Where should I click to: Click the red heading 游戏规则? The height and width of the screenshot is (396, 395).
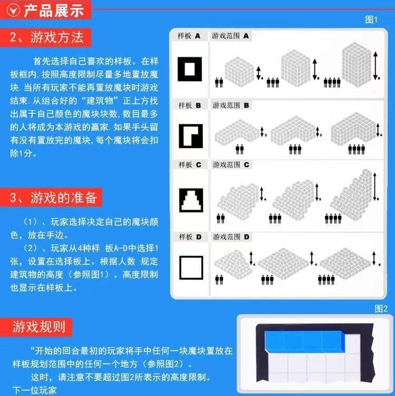click(39, 326)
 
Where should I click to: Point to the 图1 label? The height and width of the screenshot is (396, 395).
click(371, 19)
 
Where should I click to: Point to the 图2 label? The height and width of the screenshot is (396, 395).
click(381, 309)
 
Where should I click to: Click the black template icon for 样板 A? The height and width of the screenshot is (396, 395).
click(190, 68)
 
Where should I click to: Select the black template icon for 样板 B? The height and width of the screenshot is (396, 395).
click(190, 135)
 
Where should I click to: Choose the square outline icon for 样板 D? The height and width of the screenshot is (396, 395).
click(190, 266)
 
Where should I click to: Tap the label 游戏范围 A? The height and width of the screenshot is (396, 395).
click(230, 36)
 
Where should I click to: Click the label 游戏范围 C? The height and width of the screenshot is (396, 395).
click(230, 165)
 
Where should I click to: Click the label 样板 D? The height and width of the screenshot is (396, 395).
click(190, 237)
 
